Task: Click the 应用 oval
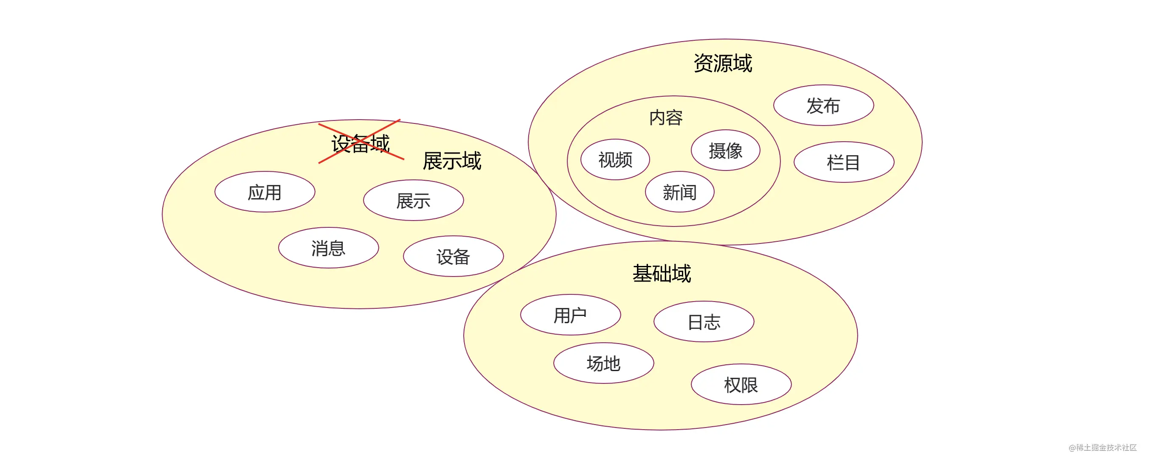265,192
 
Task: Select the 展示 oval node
413,200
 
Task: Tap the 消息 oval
328,247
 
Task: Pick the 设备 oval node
453,256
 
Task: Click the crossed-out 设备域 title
360,143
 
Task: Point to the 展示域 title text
452,160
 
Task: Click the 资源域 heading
723,63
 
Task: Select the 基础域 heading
662,273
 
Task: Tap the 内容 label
666,117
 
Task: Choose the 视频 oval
615,159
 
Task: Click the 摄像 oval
725,150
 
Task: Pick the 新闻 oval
679,192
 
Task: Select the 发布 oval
823,105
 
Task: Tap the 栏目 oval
843,162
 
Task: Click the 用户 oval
571,315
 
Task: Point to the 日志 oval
704,321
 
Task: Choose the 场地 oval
603,363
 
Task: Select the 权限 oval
741,384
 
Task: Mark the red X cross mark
361,141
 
